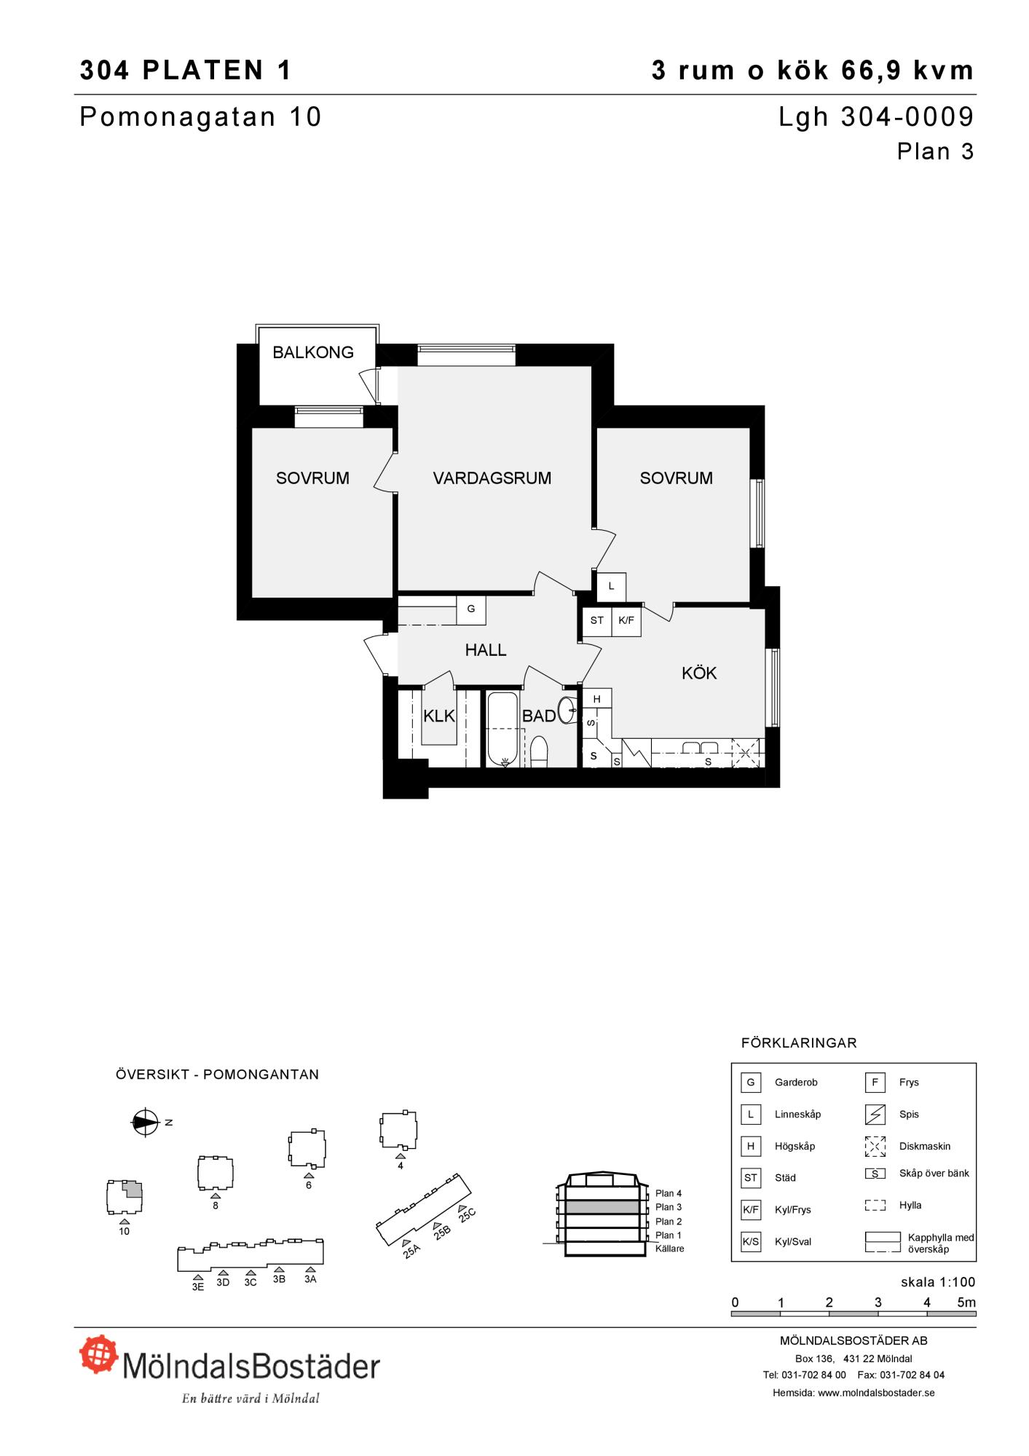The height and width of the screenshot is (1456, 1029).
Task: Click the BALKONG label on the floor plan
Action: pyautogui.click(x=313, y=352)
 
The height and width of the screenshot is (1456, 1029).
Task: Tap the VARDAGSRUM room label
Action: pyautogui.click(x=492, y=478)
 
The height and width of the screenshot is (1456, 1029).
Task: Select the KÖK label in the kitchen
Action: pyautogui.click(x=699, y=673)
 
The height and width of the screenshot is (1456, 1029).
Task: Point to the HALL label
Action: pyautogui.click(x=486, y=650)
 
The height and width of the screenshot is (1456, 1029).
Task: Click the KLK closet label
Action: pyautogui.click(x=439, y=716)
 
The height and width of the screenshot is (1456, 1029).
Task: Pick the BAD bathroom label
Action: pyautogui.click(x=539, y=716)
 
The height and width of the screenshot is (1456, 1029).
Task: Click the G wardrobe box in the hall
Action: pyautogui.click(x=471, y=610)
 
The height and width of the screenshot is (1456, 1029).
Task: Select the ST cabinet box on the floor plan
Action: pyautogui.click(x=597, y=621)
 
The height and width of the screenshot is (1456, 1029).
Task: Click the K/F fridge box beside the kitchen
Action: pyautogui.click(x=626, y=621)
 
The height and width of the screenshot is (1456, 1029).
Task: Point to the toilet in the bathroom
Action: pyautogui.click(x=539, y=752)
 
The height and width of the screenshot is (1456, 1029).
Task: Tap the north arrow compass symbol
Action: pyautogui.click(x=145, y=1123)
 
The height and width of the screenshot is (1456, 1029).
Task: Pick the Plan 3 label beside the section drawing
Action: pyautogui.click(x=669, y=1207)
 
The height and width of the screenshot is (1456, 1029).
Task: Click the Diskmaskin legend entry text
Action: pyautogui.click(x=925, y=1146)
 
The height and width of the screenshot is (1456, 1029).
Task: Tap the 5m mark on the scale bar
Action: pyautogui.click(x=966, y=1302)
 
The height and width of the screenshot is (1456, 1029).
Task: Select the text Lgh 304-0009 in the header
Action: pyautogui.click(x=876, y=117)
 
